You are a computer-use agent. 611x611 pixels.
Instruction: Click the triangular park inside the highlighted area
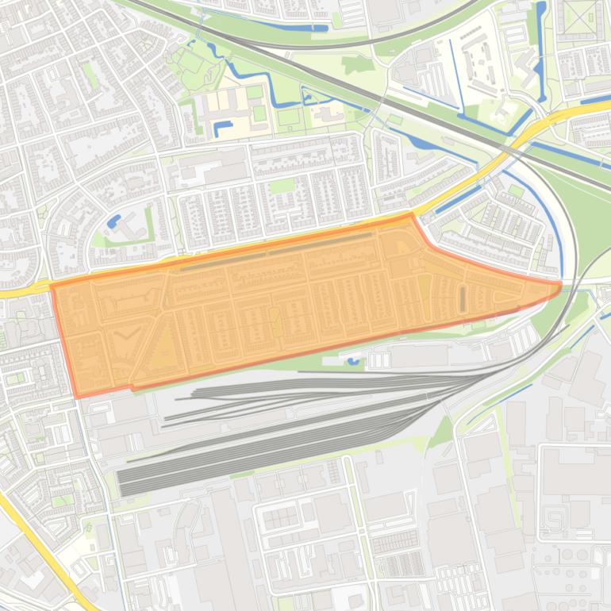[165, 350]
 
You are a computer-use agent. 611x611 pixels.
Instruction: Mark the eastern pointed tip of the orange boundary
[560, 282]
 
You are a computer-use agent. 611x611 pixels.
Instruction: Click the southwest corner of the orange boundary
[77, 395]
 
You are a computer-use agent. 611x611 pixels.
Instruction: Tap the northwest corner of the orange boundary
[53, 284]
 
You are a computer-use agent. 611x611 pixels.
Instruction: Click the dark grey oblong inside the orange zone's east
[463, 298]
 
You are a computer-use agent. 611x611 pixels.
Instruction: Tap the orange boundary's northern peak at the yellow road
[410, 214]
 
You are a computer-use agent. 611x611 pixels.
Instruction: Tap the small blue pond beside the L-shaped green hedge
[114, 220]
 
